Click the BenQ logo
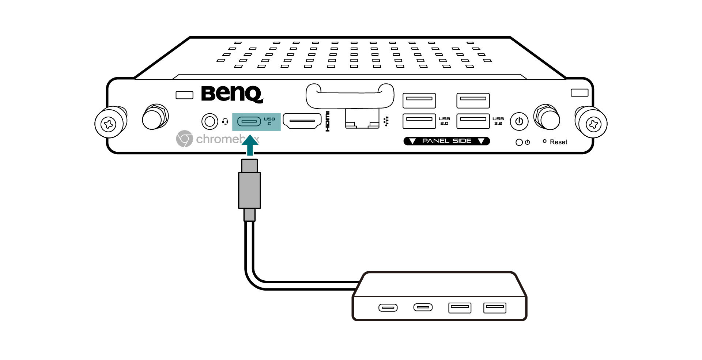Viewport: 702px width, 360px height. click(x=232, y=94)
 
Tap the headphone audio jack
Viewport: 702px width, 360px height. click(x=210, y=121)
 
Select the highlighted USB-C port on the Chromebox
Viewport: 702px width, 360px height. click(x=249, y=121)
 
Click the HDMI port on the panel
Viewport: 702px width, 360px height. click(x=302, y=121)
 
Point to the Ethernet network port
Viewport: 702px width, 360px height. click(x=362, y=118)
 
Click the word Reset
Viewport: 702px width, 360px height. click(x=558, y=142)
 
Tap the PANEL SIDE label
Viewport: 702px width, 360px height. click(x=446, y=141)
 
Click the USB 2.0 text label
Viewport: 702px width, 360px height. click(x=444, y=121)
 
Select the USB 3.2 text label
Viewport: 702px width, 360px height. click(x=498, y=121)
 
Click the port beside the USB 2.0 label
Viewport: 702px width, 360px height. click(x=419, y=121)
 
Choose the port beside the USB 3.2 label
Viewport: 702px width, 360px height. click(x=473, y=121)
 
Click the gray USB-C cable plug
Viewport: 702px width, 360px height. click(x=249, y=190)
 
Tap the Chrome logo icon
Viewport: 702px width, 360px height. click(x=184, y=139)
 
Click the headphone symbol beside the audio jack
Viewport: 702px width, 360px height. click(x=225, y=121)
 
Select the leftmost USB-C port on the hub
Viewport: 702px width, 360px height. click(x=388, y=308)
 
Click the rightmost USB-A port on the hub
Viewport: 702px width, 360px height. click(x=495, y=308)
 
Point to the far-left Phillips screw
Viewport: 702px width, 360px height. click(x=109, y=124)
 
